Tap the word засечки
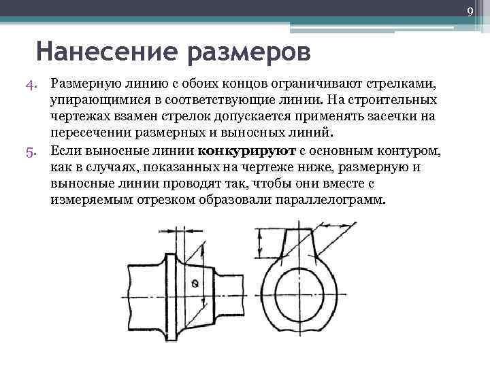click(385, 116)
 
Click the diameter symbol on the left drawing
click(196, 283)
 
